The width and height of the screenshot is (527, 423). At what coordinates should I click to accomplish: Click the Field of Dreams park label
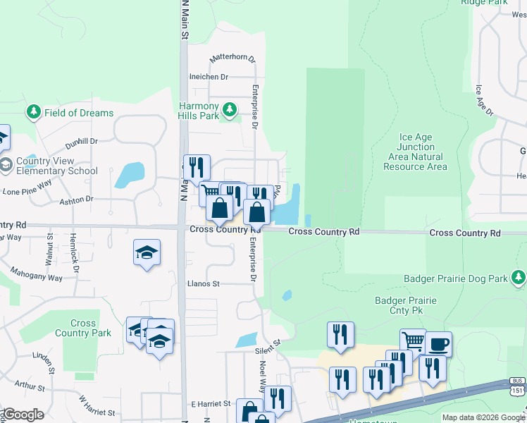pos(78,113)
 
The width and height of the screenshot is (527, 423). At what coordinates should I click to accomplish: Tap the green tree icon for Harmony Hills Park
pos(229,109)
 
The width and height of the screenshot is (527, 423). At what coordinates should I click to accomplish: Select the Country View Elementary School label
pos(56,166)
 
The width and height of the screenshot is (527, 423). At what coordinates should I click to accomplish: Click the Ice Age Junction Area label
pos(415,152)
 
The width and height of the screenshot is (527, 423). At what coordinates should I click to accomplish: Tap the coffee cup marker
pos(438,344)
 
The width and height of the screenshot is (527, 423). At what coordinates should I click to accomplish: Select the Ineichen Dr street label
pos(209,77)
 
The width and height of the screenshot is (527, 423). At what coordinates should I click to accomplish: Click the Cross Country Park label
pos(83,329)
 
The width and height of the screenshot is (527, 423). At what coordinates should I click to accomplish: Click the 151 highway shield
pos(518,389)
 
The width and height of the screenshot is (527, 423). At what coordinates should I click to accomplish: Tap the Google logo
pos(23,415)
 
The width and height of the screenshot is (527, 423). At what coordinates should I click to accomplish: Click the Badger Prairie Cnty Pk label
pos(405,306)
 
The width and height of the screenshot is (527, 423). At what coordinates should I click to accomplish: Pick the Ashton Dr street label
pos(77,200)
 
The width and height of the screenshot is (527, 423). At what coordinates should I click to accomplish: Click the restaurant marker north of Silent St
pos(340,335)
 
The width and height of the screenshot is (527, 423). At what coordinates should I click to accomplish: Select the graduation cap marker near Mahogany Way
pos(147,252)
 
